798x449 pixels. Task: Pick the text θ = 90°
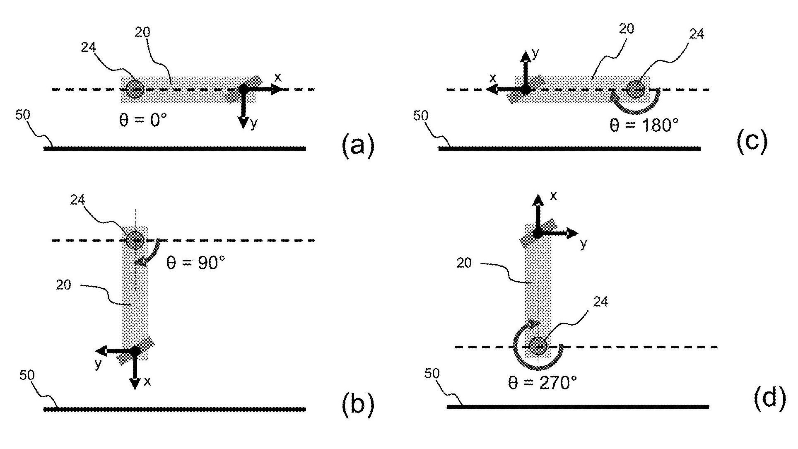(x=195, y=263)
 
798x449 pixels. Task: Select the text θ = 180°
(x=644, y=125)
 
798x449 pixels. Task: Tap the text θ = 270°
(x=542, y=383)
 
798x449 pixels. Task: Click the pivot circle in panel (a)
(x=135, y=89)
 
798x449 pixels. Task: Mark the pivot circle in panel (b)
(x=135, y=240)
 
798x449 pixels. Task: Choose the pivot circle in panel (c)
(x=635, y=89)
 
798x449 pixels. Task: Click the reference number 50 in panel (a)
(x=23, y=115)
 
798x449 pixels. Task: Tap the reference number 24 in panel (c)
(x=696, y=34)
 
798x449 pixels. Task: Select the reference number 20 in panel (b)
(x=63, y=285)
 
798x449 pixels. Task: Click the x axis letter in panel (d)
(x=553, y=196)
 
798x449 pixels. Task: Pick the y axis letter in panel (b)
(x=98, y=364)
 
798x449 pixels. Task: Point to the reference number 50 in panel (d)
(x=432, y=373)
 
